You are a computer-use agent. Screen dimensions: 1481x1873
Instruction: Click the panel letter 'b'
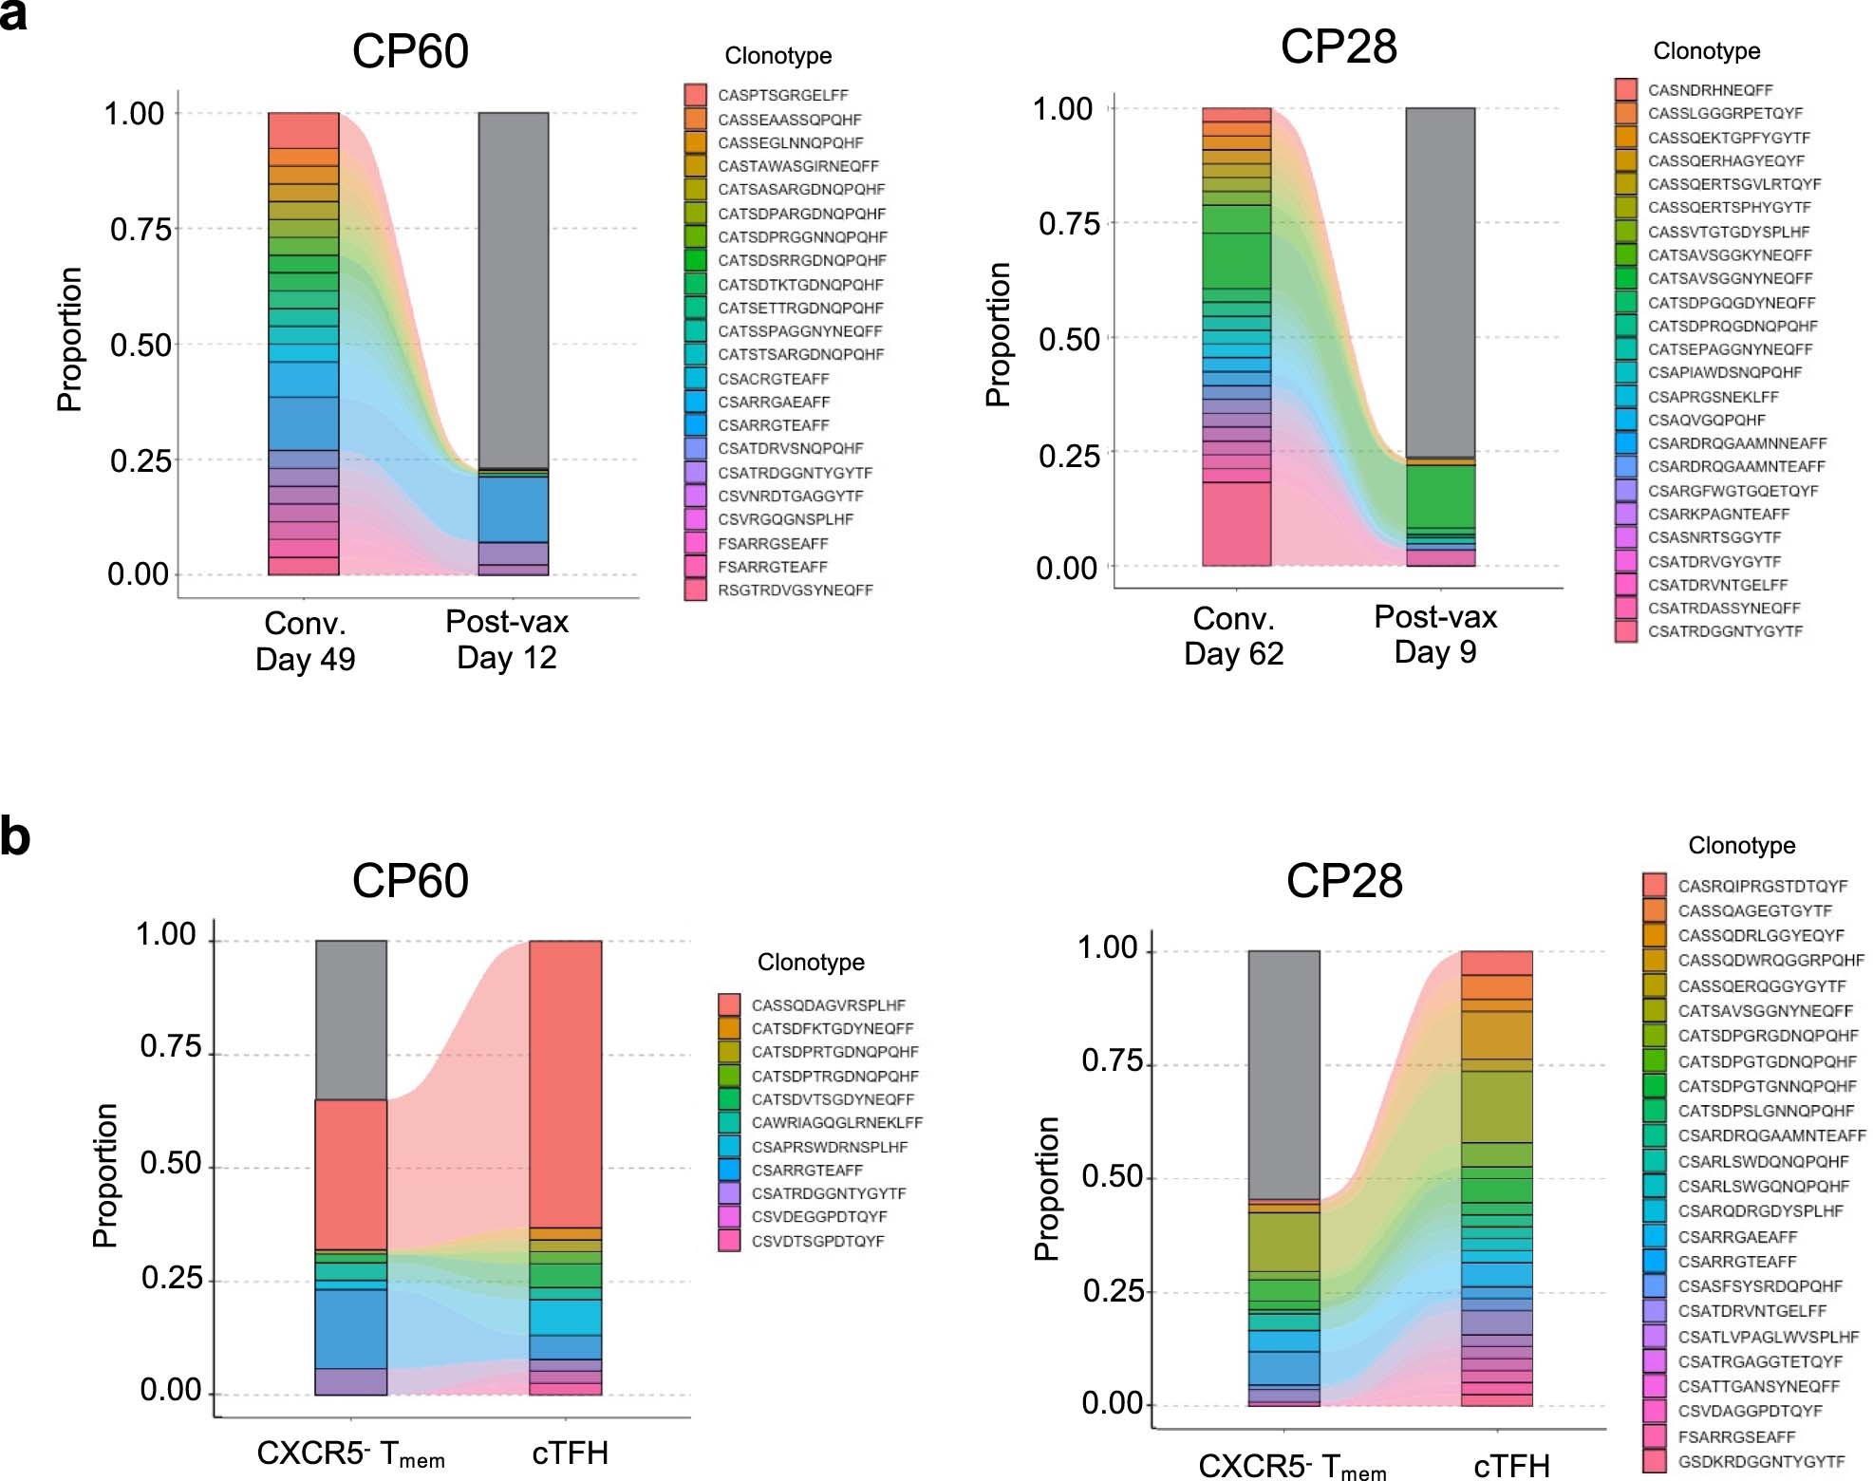[15, 837]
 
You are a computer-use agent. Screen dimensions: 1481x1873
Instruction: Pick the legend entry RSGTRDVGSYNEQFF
[795, 590]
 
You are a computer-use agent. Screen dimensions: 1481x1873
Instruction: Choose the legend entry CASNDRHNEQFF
[1710, 90]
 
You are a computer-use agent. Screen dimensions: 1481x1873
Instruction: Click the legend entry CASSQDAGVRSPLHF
[828, 1004]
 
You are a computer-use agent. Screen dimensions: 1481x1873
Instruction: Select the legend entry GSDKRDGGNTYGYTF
[1761, 1461]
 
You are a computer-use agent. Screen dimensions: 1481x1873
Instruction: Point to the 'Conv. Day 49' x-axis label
[305, 640]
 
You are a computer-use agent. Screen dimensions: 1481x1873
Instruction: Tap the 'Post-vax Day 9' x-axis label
[1434, 634]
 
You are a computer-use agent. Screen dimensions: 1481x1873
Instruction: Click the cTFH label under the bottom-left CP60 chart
[570, 1453]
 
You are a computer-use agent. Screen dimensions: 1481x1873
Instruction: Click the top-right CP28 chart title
[1338, 47]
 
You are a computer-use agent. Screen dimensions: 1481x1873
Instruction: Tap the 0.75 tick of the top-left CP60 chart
[140, 230]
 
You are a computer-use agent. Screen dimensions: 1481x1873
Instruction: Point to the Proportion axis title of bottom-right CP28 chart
[1046, 1188]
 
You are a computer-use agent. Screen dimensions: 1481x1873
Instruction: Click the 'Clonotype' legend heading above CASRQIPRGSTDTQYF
[1741, 845]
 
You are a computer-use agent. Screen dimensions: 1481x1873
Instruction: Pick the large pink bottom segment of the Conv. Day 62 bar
[1236, 523]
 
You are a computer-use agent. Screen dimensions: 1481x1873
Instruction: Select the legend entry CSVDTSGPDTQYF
[817, 1241]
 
